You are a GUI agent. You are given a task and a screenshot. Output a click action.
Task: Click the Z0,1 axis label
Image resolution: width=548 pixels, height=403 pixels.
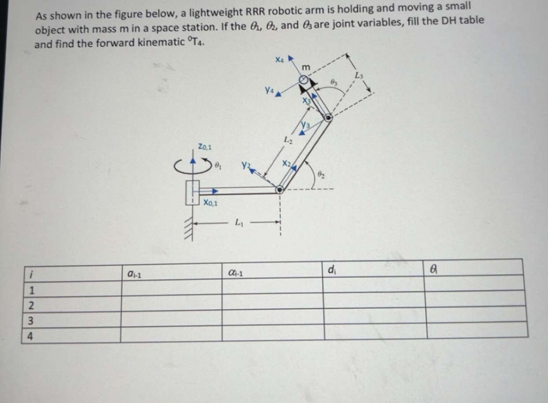(x=205, y=148)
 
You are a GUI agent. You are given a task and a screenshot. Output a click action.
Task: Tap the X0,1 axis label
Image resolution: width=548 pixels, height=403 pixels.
(x=211, y=203)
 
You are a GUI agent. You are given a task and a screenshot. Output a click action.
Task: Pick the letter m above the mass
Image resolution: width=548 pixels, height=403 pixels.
(x=306, y=68)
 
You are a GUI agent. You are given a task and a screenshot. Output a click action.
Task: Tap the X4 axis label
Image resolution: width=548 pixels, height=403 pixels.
(x=279, y=59)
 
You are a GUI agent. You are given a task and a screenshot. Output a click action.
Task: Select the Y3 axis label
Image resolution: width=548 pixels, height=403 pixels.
(x=306, y=125)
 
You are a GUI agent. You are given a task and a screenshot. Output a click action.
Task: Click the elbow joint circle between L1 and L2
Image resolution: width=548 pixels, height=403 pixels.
(x=279, y=189)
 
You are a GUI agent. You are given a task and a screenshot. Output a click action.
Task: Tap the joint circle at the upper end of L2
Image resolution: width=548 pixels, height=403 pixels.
(x=328, y=118)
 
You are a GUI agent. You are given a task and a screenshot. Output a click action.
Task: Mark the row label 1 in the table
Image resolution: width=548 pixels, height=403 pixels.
(x=32, y=291)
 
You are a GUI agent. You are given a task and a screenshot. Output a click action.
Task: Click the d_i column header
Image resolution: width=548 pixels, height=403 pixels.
(x=331, y=269)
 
